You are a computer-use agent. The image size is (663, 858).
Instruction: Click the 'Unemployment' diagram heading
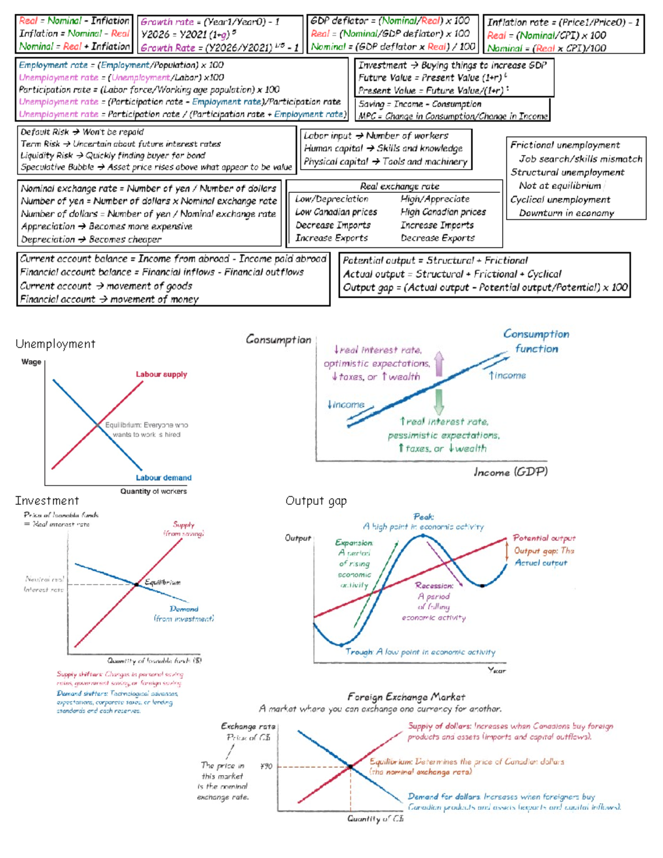click(55, 344)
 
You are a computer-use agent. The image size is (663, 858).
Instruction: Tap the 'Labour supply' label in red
click(161, 375)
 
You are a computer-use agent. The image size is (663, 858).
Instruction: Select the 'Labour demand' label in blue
click(164, 478)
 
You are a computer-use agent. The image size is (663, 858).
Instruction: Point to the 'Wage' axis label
click(31, 362)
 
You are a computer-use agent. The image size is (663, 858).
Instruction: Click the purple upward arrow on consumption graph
click(439, 364)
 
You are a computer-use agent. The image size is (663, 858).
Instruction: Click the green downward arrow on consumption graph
click(439, 402)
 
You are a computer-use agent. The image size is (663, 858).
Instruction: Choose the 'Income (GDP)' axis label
click(511, 472)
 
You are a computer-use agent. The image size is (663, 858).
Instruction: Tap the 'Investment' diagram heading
click(47, 501)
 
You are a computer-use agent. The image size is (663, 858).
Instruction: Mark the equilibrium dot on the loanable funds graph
click(136, 584)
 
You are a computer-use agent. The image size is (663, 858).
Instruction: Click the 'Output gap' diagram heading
click(316, 501)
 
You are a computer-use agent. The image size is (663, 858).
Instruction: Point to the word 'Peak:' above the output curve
click(424, 517)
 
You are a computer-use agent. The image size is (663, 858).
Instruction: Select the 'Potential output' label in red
click(544, 538)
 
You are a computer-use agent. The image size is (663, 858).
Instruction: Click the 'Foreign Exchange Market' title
click(406, 697)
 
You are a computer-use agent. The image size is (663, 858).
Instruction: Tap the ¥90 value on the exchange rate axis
click(266, 766)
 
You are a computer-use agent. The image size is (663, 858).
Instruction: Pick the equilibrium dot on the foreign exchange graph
click(350, 767)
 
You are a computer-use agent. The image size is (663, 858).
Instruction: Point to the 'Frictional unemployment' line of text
click(565, 145)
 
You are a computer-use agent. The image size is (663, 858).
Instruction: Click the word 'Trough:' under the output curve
click(359, 652)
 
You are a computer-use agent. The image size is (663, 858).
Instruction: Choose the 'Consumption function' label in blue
click(536, 341)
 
